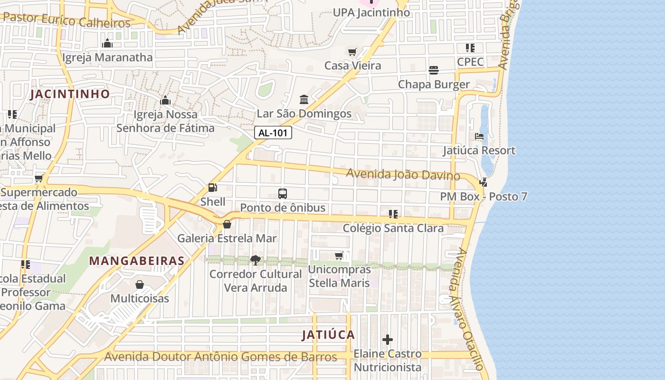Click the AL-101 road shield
click(x=273, y=133)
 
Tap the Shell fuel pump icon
click(x=212, y=188)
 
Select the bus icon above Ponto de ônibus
click(x=283, y=194)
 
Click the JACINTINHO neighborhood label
click(x=70, y=94)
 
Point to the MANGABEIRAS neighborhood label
click(x=137, y=261)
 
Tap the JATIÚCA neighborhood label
click(x=329, y=335)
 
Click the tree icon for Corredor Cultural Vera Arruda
click(x=256, y=260)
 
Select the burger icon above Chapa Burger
click(x=433, y=70)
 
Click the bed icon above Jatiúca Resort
click(x=479, y=136)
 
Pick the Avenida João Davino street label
click(x=403, y=174)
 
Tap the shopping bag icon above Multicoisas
click(x=140, y=285)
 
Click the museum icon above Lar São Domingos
click(x=304, y=100)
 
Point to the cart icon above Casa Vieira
click(x=352, y=52)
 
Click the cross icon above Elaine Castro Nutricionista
click(x=388, y=340)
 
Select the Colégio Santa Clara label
click(x=393, y=228)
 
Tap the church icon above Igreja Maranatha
click(x=107, y=43)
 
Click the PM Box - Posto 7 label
click(x=484, y=197)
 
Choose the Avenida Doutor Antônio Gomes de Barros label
click(x=220, y=357)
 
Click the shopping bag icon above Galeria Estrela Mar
click(x=227, y=224)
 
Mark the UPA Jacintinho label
click(x=371, y=12)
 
